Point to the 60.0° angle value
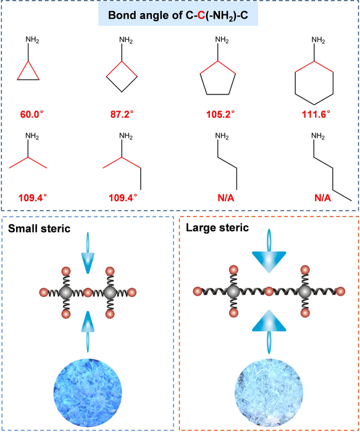tap(28, 114)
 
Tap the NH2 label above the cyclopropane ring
tap(33, 41)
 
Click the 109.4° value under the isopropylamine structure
tap(28, 198)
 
